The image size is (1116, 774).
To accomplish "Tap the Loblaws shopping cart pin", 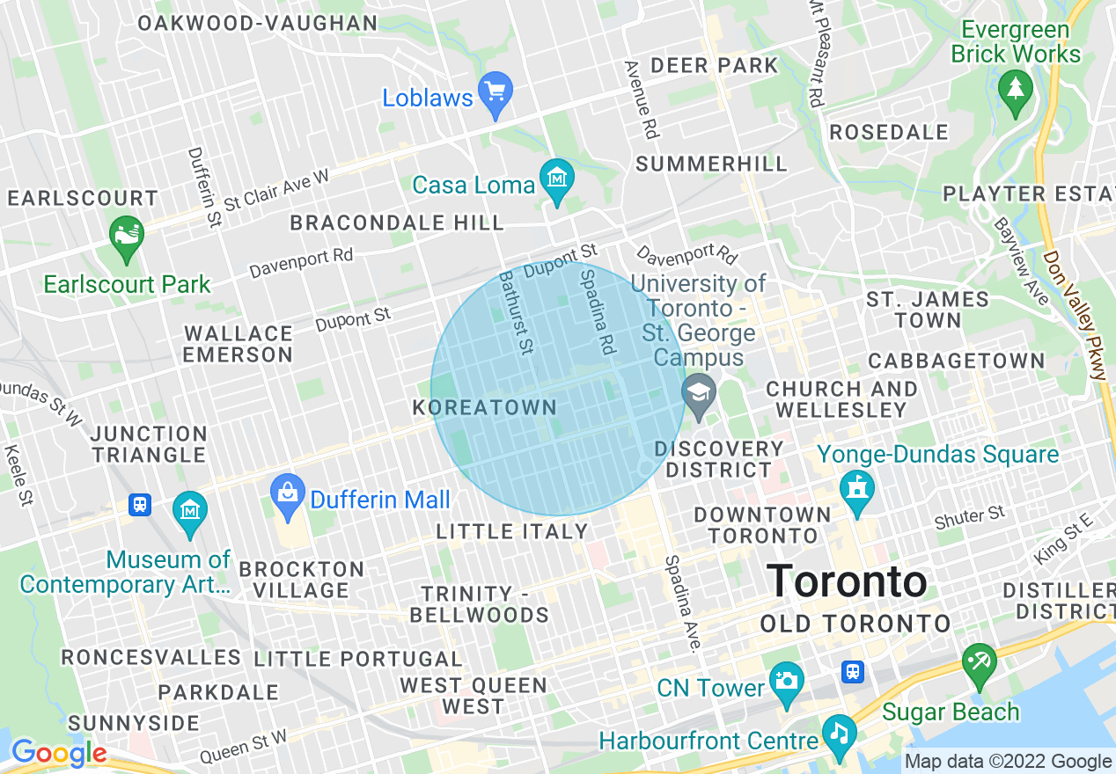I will (495, 92).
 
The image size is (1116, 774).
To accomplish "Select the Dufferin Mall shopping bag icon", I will (288, 494).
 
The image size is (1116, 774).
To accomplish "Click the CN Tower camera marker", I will (786, 682).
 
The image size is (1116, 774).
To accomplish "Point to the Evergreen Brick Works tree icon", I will (1016, 90).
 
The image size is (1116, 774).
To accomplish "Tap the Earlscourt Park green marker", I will (127, 236).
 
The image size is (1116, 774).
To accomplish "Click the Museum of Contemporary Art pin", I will (190, 511).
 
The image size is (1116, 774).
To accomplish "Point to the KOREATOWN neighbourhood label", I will (484, 408).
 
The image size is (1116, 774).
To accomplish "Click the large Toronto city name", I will (848, 581).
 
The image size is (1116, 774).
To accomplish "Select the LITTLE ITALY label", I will (512, 531).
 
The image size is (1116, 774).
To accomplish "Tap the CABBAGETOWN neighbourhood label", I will (957, 361).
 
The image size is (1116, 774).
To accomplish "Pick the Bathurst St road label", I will (517, 312).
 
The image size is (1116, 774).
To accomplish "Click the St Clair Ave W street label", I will (275, 190).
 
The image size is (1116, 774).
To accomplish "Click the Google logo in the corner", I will (58, 754).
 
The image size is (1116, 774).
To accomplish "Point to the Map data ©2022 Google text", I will (1008, 762).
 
